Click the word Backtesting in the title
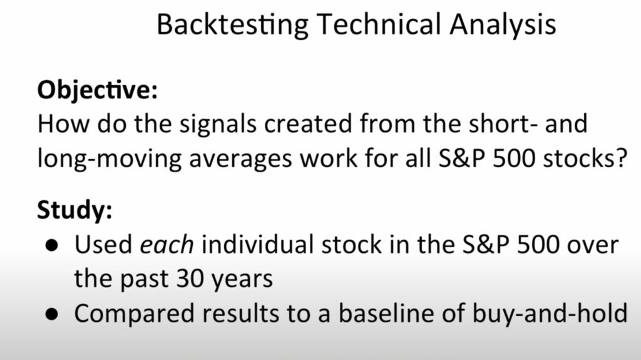pyautogui.click(x=233, y=24)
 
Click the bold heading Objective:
pyautogui.click(x=97, y=90)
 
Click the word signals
pyautogui.click(x=217, y=125)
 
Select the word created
pyautogui.click(x=308, y=123)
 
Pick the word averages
pyautogui.click(x=240, y=160)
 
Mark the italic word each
pyautogui.click(x=167, y=245)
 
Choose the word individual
pyautogui.click(x=257, y=244)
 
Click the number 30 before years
pyautogui.click(x=190, y=279)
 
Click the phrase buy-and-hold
pyautogui.click(x=550, y=314)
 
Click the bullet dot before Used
pyautogui.click(x=52, y=245)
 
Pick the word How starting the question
pyautogui.click(x=63, y=123)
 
